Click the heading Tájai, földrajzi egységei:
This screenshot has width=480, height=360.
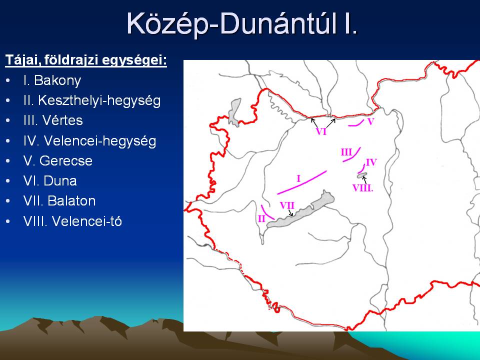(86, 60)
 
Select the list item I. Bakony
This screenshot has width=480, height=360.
(52, 80)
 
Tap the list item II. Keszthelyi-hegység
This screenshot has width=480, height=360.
(92, 100)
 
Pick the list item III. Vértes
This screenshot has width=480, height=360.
(53, 120)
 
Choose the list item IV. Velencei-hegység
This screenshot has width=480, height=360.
(89, 141)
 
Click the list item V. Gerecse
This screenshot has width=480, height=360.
(58, 160)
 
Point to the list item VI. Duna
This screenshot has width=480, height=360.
(50, 181)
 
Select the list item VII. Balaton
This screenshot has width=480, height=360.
(59, 201)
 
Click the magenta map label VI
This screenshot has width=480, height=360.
(321, 131)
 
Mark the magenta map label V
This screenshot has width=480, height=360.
(370, 122)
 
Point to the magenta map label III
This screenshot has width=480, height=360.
(346, 152)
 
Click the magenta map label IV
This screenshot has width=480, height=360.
(371, 162)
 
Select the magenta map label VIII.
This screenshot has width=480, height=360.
(363, 188)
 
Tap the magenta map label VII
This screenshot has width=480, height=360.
(287, 205)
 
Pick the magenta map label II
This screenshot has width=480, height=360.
(261, 219)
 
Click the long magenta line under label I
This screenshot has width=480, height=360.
(302, 182)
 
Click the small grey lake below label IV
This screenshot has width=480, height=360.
(362, 175)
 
